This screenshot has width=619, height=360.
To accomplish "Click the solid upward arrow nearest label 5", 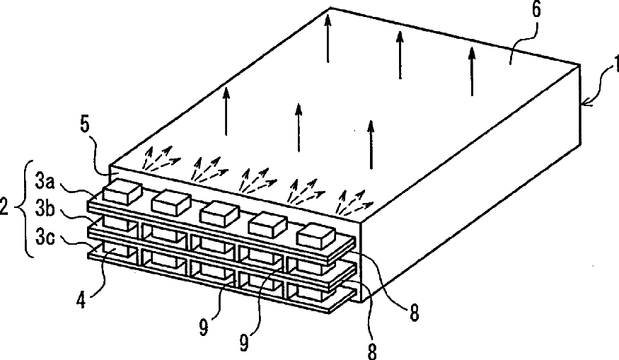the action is coord(226,111).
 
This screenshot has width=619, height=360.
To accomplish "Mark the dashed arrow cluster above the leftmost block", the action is coord(158,158).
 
